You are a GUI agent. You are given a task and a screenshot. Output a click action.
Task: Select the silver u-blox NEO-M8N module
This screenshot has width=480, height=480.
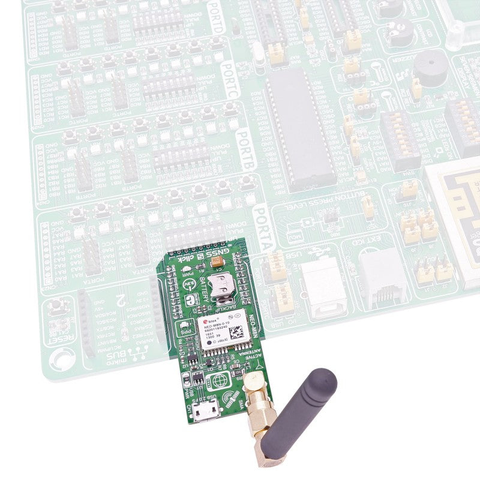(x=222, y=331)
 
